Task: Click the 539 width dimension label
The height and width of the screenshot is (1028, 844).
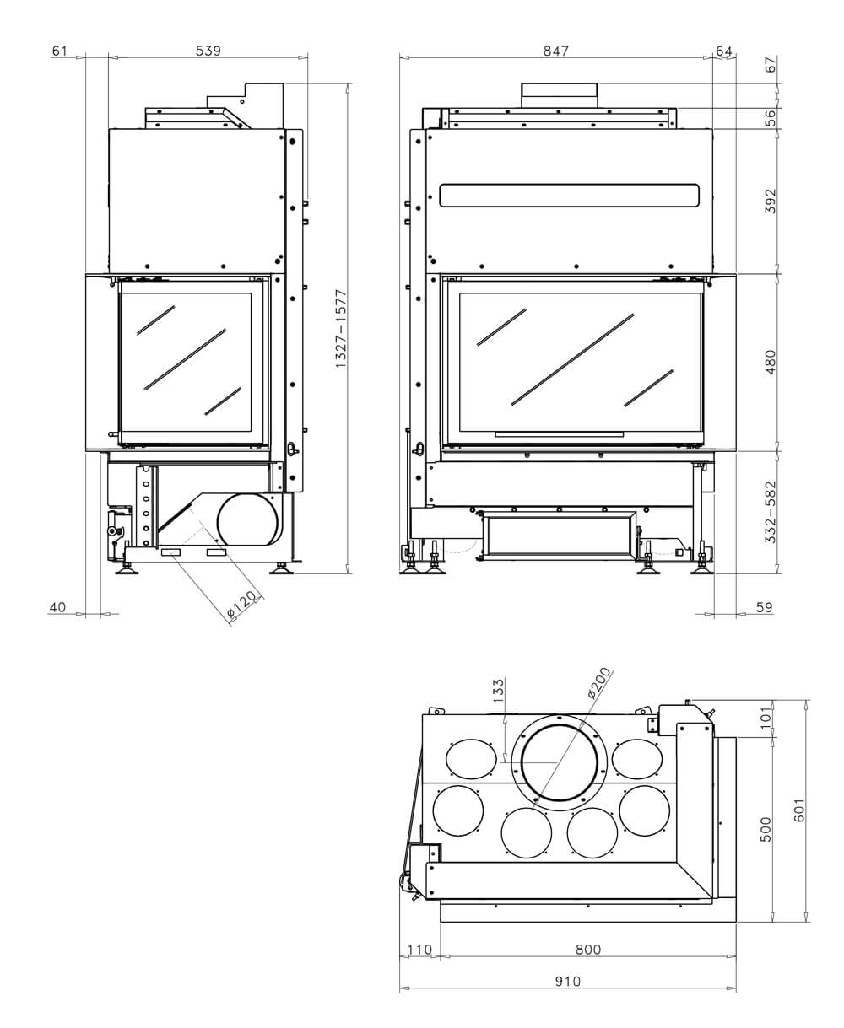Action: (x=208, y=51)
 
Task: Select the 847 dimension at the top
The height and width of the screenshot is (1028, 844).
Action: (x=555, y=51)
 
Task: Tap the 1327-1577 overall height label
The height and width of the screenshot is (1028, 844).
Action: (x=342, y=329)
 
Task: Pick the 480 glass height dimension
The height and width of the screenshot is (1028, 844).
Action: (x=770, y=362)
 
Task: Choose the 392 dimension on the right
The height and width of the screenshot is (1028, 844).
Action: (x=770, y=201)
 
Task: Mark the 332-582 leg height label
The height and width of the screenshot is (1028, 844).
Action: (x=770, y=512)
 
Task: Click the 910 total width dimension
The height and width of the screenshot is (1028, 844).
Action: (x=567, y=981)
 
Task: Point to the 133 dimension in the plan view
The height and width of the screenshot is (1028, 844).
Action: (x=498, y=692)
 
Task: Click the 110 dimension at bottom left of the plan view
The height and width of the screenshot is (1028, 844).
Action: (x=419, y=950)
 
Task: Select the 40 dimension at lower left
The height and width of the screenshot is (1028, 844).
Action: (x=57, y=607)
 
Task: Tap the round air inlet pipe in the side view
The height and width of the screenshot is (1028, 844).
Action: (x=247, y=520)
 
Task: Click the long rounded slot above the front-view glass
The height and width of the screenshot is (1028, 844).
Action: (x=569, y=196)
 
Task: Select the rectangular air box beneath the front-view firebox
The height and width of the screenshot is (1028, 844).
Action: (x=558, y=536)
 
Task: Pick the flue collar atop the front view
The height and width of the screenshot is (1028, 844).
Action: (x=559, y=94)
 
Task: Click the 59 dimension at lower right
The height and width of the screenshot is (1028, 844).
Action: (x=764, y=607)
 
